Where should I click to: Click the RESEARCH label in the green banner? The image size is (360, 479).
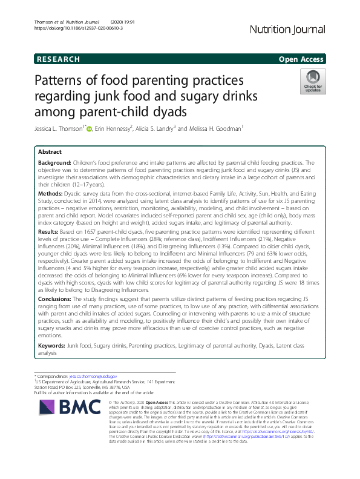pos(59,59)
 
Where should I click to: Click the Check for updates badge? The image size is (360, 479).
pos(313,82)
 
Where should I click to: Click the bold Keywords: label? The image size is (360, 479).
pos(51,345)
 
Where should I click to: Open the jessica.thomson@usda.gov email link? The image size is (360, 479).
pos(93,377)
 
